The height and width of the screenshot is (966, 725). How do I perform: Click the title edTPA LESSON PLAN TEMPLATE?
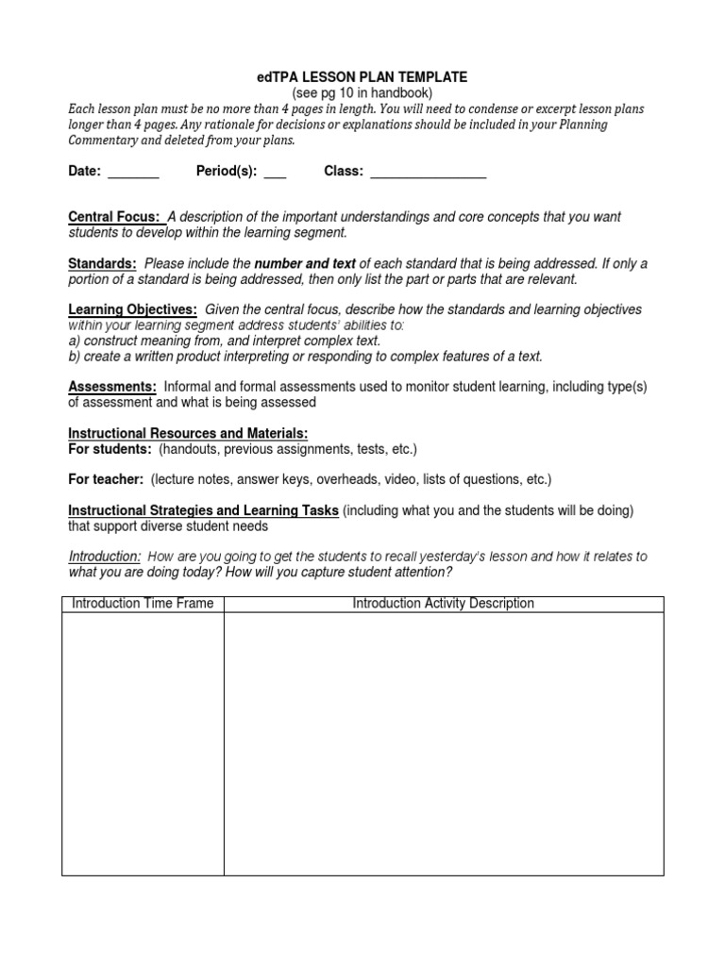[x=362, y=76]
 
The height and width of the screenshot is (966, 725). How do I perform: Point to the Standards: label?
[x=102, y=263]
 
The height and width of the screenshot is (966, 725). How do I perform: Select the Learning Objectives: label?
[x=133, y=309]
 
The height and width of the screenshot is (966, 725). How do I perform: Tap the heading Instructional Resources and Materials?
[x=188, y=432]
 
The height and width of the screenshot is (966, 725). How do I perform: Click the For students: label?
[x=110, y=448]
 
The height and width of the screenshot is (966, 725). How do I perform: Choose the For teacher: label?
[x=106, y=479]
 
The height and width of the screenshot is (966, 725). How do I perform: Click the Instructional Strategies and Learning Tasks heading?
[x=203, y=510]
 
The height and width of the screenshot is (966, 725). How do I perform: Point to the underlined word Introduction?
[x=106, y=557]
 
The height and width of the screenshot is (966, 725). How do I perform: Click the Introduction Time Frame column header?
[x=143, y=604]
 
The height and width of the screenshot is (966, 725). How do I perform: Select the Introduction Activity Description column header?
[x=443, y=604]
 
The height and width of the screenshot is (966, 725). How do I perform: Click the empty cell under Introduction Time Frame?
[x=143, y=743]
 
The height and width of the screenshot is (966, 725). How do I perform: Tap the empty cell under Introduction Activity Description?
[x=443, y=743]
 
